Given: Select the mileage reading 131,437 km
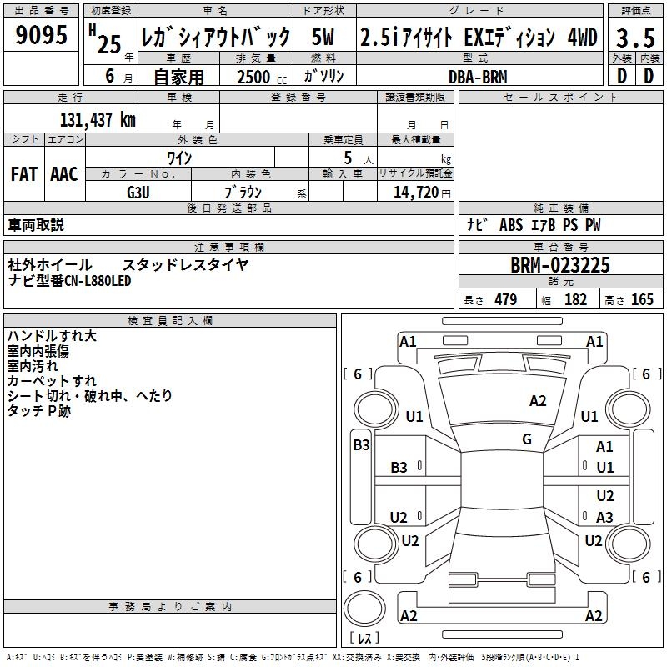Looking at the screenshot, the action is click(98, 120).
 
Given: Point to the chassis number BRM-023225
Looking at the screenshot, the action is click(560, 265).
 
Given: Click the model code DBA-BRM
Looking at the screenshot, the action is click(478, 77).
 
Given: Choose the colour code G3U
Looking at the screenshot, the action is click(138, 191).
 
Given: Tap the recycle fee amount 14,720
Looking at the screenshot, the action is click(412, 192).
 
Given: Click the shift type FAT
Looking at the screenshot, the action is click(23, 174).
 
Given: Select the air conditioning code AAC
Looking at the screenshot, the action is click(64, 174).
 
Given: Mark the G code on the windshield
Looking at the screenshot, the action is click(527, 439).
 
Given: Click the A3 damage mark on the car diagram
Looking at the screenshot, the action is click(605, 518).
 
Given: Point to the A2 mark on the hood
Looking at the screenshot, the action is click(539, 401).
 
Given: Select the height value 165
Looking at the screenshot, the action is click(642, 300).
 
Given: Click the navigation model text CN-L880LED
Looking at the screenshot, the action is click(98, 280).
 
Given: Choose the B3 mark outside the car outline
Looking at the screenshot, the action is click(361, 445).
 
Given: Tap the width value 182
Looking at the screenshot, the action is click(576, 300).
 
